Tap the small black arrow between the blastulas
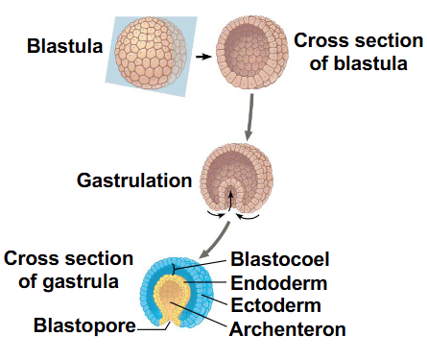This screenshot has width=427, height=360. point(202,56)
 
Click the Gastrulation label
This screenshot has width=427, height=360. point(133,180)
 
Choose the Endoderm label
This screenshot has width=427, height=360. point(279,283)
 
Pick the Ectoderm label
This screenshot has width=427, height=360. point(275,306)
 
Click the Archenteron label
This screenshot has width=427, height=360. point(287,329)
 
